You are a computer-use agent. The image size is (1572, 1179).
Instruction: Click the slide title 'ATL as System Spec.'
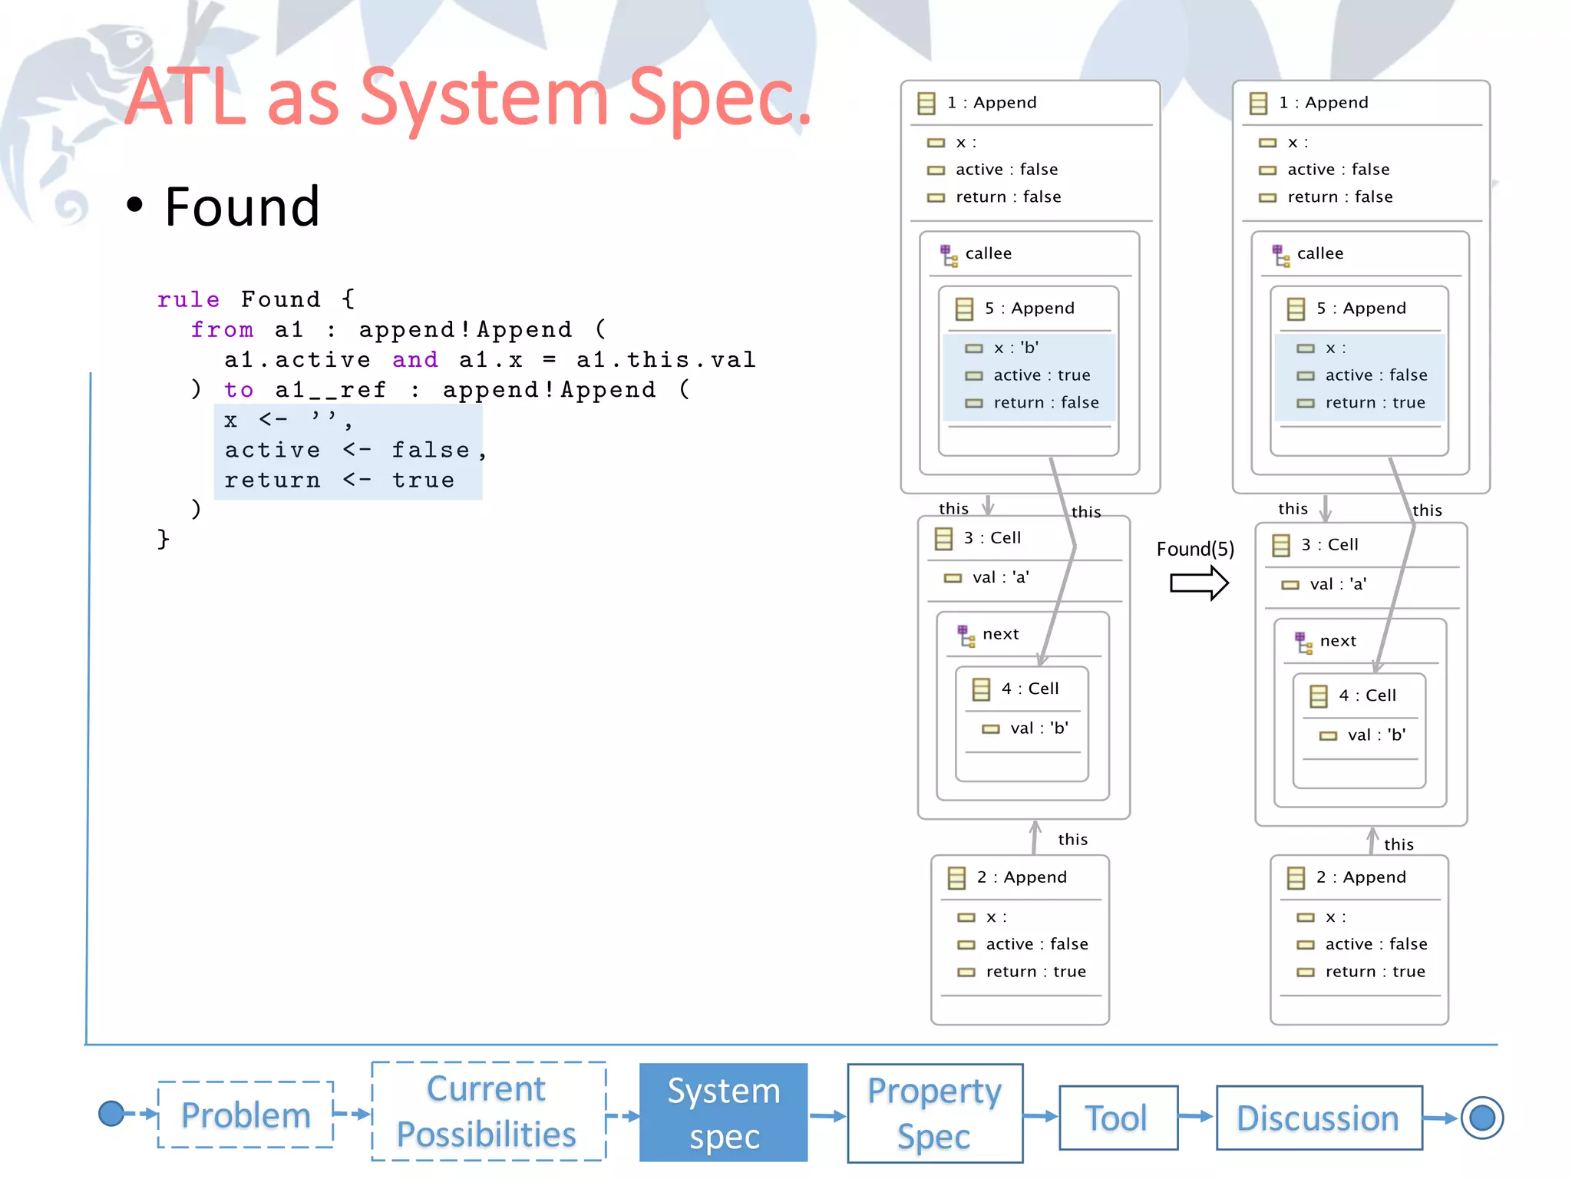[468, 97]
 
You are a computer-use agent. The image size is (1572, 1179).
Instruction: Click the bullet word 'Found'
[242, 207]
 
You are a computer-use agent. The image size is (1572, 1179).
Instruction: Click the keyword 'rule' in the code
[188, 299]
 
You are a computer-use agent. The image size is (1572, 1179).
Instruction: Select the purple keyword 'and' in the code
[415, 359]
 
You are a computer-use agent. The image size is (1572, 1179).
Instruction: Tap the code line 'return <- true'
[339, 481]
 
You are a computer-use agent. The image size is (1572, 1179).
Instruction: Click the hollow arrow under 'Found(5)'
[1198, 583]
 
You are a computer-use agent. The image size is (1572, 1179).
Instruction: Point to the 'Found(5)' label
[1195, 549]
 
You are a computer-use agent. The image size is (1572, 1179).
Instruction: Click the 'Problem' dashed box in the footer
[246, 1115]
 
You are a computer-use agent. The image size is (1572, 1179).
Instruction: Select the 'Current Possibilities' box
[488, 1111]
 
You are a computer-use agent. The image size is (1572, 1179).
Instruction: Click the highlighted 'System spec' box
[723, 1113]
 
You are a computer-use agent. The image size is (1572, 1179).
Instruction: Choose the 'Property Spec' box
[934, 1113]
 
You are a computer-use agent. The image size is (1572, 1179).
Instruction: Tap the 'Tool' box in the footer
[1118, 1118]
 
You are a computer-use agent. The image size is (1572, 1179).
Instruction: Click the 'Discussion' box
[1318, 1118]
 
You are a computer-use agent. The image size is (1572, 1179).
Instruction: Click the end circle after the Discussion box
[1481, 1118]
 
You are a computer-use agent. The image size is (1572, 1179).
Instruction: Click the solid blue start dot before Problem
[111, 1113]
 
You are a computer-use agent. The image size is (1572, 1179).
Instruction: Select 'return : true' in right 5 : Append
[1374, 403]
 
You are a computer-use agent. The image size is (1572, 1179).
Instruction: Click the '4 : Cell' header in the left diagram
[1029, 689]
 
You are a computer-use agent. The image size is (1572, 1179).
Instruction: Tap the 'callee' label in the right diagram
[1319, 253]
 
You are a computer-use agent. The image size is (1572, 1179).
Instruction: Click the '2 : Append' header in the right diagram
[1360, 877]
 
